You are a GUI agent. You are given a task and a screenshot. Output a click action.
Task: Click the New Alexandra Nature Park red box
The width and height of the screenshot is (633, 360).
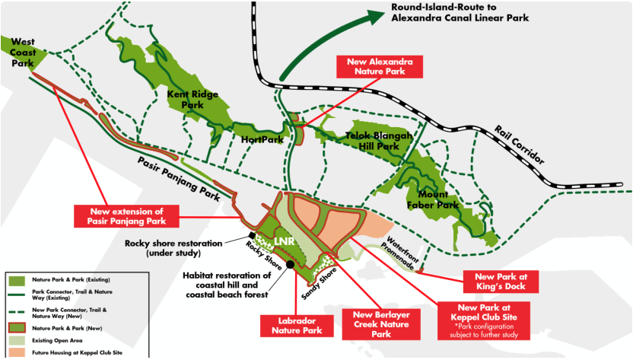[380, 67]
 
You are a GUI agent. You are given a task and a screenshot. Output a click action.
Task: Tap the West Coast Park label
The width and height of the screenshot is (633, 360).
[23, 53]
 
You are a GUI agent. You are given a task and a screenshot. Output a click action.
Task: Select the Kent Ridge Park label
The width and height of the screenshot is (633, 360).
[192, 100]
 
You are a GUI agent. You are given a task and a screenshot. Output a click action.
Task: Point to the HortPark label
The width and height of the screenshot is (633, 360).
[262, 140]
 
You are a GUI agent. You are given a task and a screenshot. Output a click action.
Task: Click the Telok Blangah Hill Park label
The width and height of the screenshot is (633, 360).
[379, 141]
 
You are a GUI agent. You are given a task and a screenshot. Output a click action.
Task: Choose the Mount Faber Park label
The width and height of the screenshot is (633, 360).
[433, 199]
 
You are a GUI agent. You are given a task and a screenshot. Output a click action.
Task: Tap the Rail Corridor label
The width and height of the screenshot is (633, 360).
[520, 145]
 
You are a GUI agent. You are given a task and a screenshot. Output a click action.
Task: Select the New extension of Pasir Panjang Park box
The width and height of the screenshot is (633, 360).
[127, 216]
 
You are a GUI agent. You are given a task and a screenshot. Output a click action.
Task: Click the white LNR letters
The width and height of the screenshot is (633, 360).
[285, 241]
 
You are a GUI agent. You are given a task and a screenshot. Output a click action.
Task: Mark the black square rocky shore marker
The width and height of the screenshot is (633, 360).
[252, 235]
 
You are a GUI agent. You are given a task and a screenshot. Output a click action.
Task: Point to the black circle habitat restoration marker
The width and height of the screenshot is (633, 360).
[291, 265]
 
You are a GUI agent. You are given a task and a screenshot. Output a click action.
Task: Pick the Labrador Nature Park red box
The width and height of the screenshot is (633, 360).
[297, 326]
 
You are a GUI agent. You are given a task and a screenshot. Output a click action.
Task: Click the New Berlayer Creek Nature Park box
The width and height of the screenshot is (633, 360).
[381, 324]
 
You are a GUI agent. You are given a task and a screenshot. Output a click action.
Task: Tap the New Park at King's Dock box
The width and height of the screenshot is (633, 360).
[501, 282]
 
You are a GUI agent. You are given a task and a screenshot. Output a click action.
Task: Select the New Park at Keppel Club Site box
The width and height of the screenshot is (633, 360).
[483, 321]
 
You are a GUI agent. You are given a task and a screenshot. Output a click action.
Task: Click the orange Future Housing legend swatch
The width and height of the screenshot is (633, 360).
[16, 352]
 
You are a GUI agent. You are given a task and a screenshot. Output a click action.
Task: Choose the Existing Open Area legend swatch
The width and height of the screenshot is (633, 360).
[16, 341]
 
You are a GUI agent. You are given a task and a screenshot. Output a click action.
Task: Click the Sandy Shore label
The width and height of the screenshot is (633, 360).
[319, 284]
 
